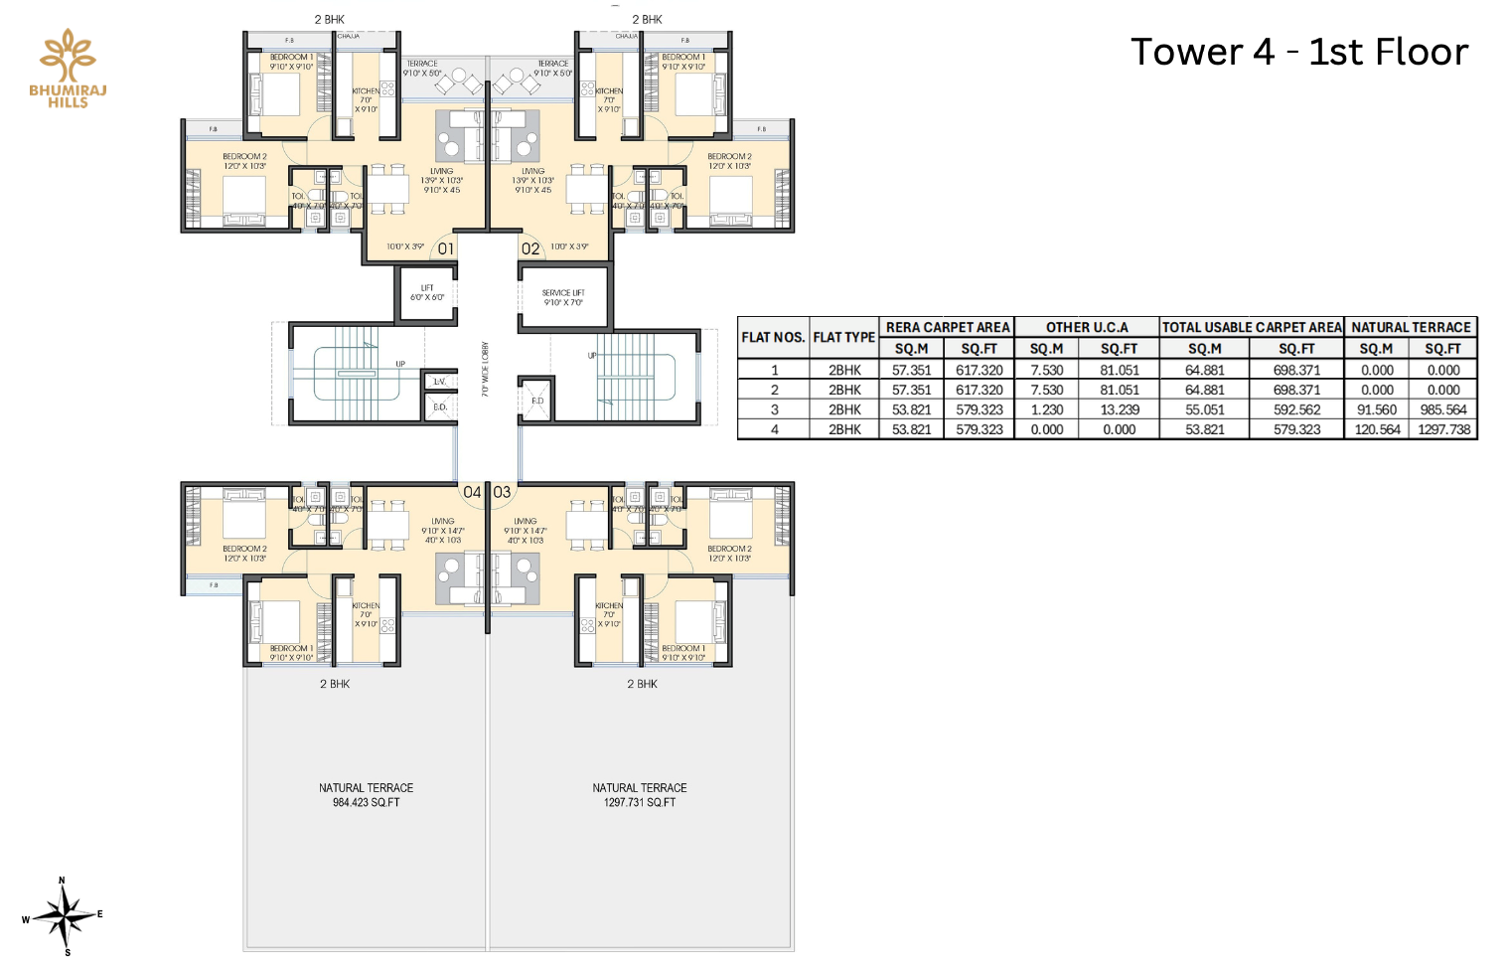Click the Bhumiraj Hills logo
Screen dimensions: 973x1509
pos(68,69)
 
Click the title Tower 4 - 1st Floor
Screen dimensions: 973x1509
pos(1298,52)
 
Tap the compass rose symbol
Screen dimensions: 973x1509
pos(64,916)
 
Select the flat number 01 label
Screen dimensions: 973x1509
pos(446,249)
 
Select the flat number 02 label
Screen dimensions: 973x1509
pos(530,249)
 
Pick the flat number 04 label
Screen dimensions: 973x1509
pos(472,492)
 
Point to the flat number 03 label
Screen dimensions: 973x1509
pos(502,492)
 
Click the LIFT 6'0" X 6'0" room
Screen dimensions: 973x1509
pos(427,293)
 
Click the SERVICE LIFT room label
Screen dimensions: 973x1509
pos(562,297)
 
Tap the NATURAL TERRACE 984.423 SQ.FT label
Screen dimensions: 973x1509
pos(366,795)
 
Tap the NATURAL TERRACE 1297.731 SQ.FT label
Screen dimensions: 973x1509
pos(640,795)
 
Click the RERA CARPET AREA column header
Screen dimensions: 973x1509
pos(947,327)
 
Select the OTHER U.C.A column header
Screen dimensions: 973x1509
pos(1087,327)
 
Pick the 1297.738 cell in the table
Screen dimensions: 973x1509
pos(1443,429)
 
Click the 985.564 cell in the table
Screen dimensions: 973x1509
pos(1443,409)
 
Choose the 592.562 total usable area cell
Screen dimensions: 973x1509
pos(1296,409)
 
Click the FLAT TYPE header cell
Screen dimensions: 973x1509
pos(843,337)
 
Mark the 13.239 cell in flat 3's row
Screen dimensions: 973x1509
pos(1119,409)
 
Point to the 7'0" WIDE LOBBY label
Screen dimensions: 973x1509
pos(486,370)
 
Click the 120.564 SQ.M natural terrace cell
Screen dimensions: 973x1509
pos(1377,429)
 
